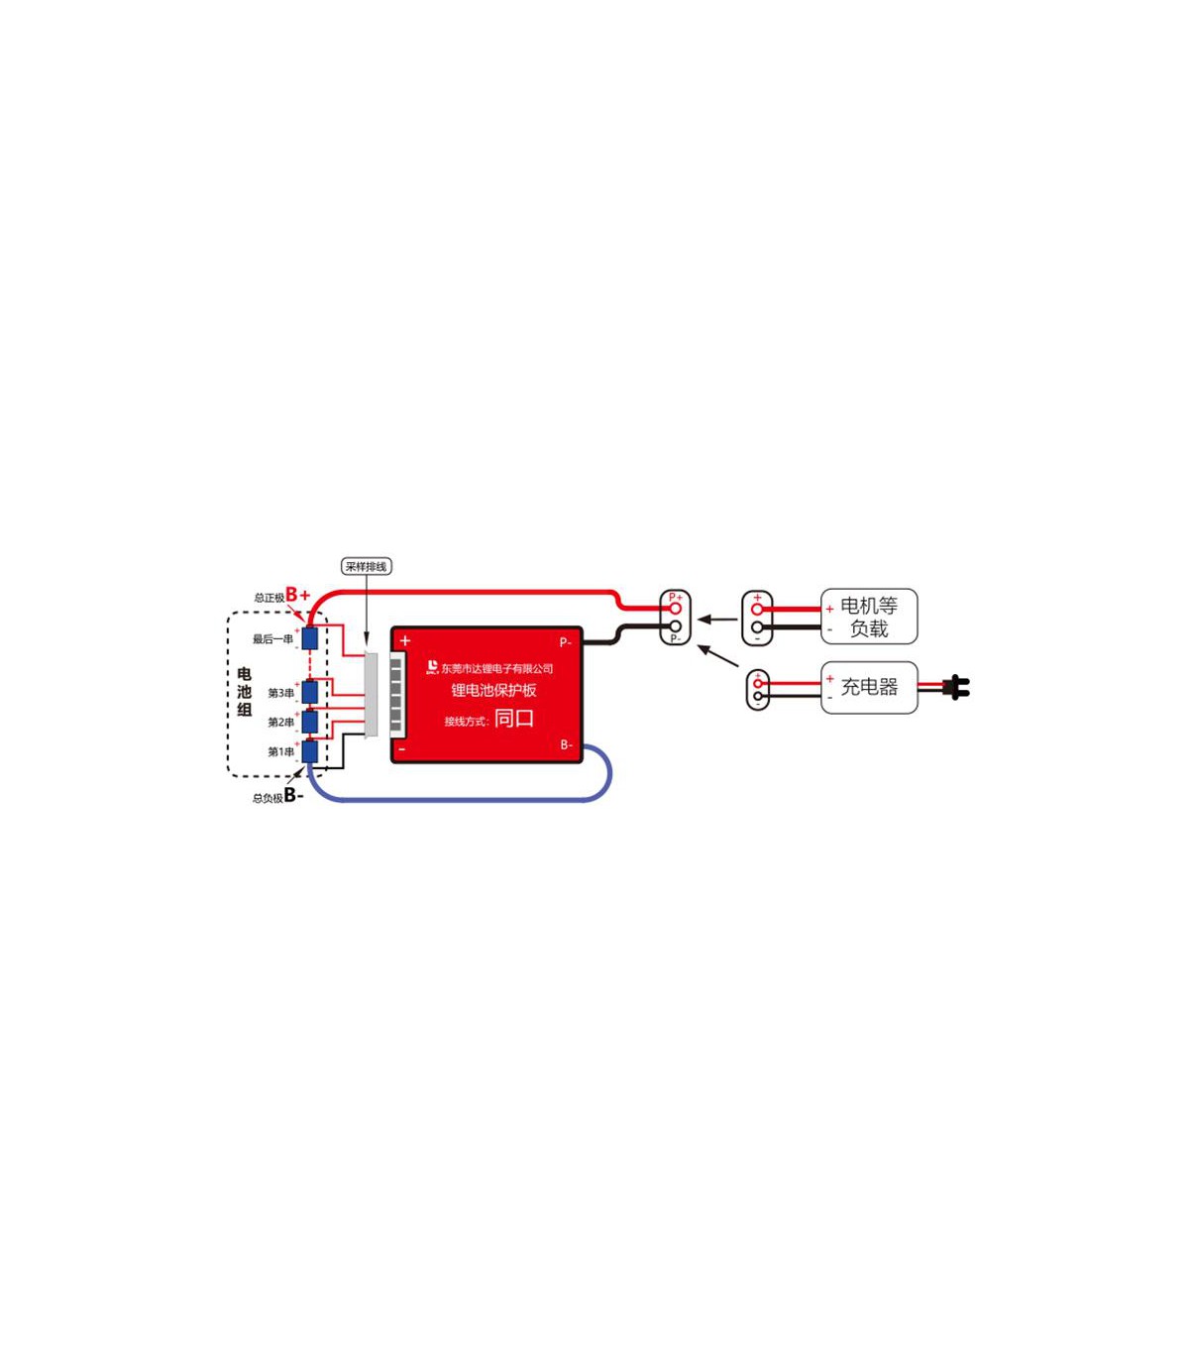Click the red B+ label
[x=297, y=595]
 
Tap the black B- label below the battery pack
[x=293, y=795]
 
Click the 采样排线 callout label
[x=366, y=567]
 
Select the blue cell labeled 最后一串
[x=310, y=638]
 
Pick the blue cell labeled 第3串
[x=310, y=692]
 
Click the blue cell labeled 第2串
[x=310, y=722]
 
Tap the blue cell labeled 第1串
[x=310, y=751]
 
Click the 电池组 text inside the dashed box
[x=245, y=692]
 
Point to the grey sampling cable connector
[x=371, y=694]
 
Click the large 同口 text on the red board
[x=514, y=719]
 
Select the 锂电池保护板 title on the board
[x=493, y=690]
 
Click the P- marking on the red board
[x=565, y=642]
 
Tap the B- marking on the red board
[x=566, y=744]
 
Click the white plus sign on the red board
[x=404, y=641]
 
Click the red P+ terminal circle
[x=675, y=608]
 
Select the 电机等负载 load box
[x=869, y=617]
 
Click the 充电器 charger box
[x=869, y=687]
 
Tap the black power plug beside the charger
[x=956, y=687]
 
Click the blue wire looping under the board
[x=466, y=798]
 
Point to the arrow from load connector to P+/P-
[x=717, y=620]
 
